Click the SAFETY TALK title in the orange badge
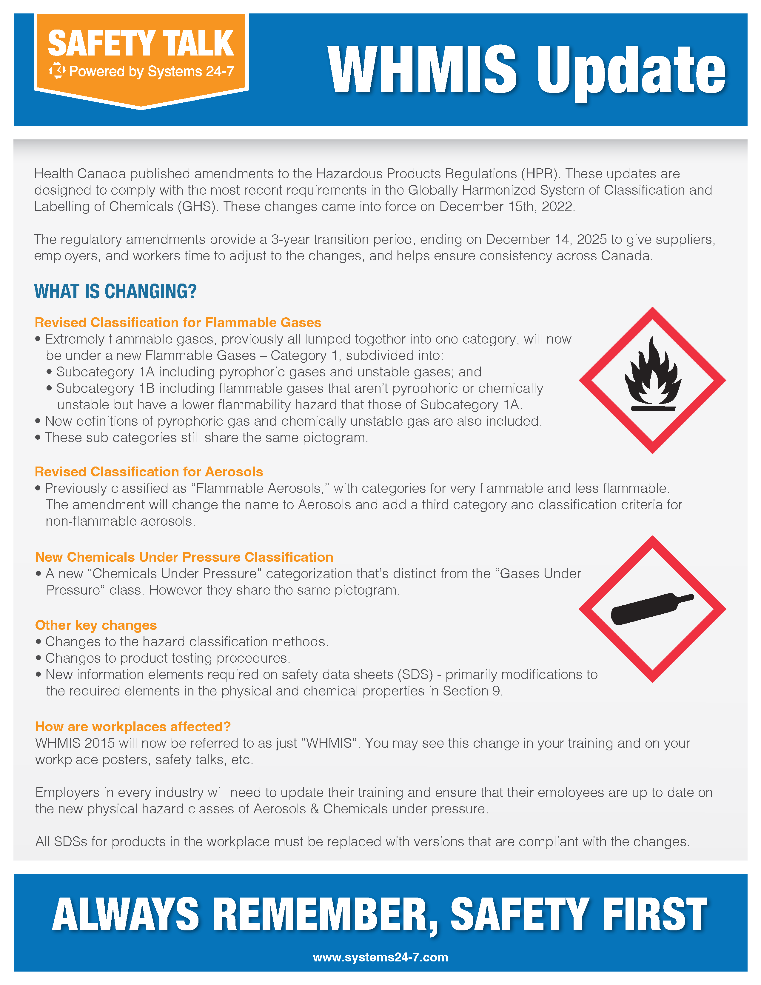[141, 43]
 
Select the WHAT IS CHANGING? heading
[115, 291]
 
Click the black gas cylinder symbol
[651, 609]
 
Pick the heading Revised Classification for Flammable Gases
[178, 322]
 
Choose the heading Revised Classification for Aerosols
[149, 472]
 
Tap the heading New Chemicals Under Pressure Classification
[184, 557]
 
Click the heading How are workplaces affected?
[133, 727]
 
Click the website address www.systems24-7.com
[380, 957]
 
